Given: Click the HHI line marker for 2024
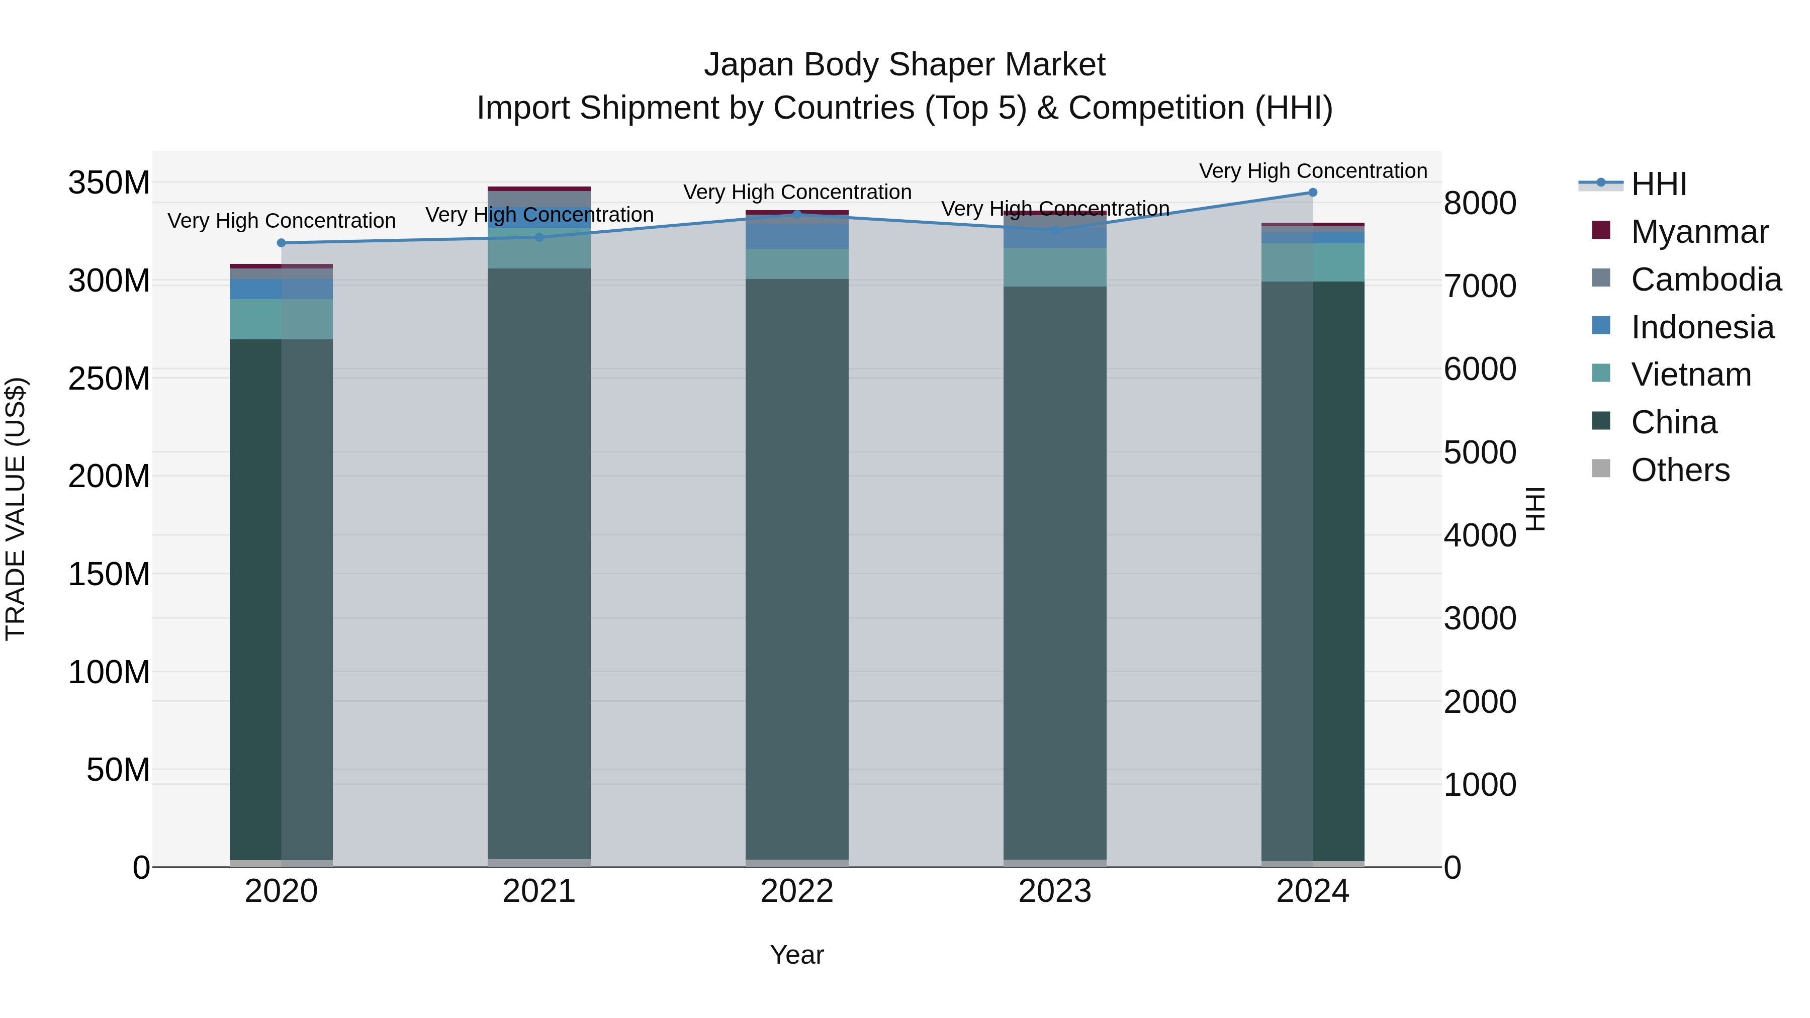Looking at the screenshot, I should (x=1313, y=193).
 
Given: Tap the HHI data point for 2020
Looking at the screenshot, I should (x=281, y=243).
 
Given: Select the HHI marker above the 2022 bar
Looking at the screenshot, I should (x=797, y=214).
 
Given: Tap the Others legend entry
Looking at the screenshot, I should (x=1680, y=470).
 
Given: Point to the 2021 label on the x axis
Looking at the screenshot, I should (x=539, y=891).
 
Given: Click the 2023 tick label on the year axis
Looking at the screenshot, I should (x=1055, y=891).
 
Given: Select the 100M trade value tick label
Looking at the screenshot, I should (x=109, y=672).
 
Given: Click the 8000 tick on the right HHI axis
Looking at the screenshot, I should (x=1480, y=203).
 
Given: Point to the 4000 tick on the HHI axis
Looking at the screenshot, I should (x=1480, y=535).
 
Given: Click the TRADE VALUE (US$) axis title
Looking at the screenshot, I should (x=16, y=509).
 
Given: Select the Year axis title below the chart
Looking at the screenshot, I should (x=797, y=955).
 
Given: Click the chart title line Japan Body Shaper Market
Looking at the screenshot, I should (x=904, y=65).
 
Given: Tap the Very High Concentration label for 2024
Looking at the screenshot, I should (x=1313, y=171).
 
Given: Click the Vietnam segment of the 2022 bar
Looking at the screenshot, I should (x=797, y=264).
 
